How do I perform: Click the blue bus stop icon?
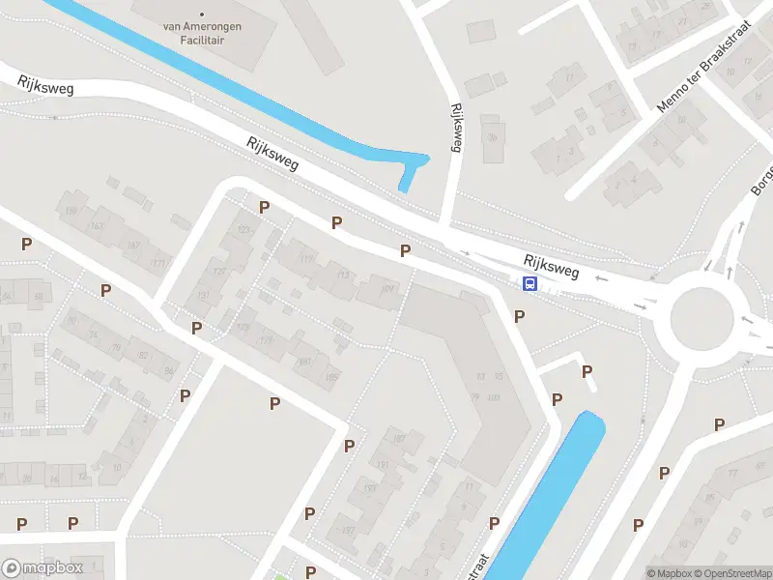(x=530, y=283)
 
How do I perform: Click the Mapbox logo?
(x=43, y=568)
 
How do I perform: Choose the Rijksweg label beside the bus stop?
(x=552, y=266)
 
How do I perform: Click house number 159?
(x=71, y=210)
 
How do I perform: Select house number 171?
(x=157, y=263)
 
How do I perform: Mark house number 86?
(x=168, y=371)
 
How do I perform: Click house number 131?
(x=204, y=296)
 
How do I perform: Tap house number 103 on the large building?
(x=494, y=397)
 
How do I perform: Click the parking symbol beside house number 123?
(x=264, y=207)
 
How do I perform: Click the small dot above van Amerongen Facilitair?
(x=201, y=14)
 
